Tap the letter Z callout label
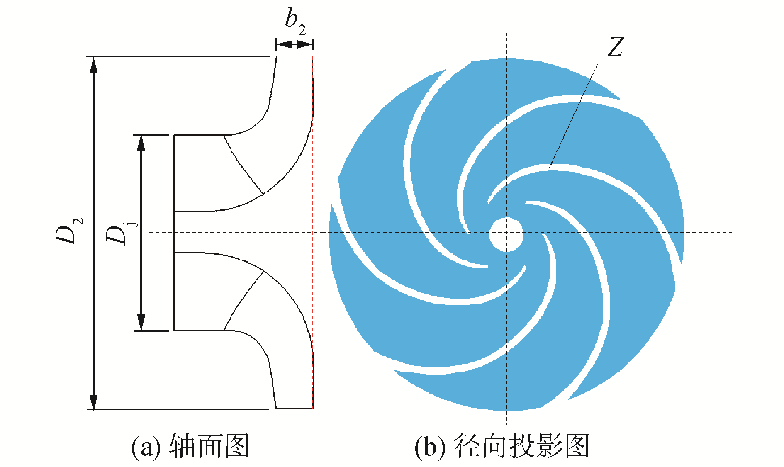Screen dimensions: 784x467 [x=615, y=47]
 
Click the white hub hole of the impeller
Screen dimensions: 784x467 [x=506, y=234]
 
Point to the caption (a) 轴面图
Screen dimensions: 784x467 [x=190, y=446]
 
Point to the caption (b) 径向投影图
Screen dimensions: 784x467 [x=502, y=446]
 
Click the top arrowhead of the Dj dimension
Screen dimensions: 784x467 [x=141, y=143]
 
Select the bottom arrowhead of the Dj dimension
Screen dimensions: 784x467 [x=141, y=323]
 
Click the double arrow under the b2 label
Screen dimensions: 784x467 [x=295, y=44]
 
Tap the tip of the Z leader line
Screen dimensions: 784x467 [x=550, y=167]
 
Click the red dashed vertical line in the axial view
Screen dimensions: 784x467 [x=313, y=232]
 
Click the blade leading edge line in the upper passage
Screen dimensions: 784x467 [x=242, y=164]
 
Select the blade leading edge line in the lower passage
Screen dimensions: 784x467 [x=242, y=300]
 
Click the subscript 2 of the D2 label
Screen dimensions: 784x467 [x=79, y=221]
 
